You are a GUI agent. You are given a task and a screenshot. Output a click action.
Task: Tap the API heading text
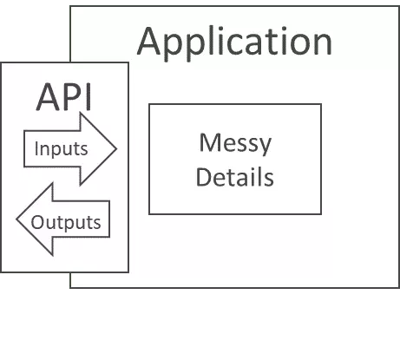point(64,97)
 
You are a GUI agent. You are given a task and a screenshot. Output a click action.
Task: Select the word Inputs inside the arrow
point(61,147)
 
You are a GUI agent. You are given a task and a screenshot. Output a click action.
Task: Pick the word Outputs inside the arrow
point(67,221)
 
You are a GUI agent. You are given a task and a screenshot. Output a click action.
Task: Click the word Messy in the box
point(235,144)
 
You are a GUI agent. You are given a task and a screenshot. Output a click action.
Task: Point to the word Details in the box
point(235,177)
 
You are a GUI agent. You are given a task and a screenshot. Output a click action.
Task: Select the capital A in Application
point(151,42)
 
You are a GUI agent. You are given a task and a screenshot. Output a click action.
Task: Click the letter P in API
point(70,97)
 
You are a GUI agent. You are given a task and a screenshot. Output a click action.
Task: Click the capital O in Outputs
point(38,221)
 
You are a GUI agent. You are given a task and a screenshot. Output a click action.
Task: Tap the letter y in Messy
point(265,146)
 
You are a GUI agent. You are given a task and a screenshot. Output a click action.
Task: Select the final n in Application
point(321,43)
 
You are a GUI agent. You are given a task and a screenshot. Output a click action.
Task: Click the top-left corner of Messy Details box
point(149,104)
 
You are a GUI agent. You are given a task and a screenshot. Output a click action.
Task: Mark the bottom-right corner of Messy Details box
point(321,213)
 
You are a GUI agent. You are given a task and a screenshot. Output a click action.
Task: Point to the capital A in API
point(49,97)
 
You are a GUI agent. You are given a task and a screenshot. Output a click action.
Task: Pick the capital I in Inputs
point(36,147)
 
